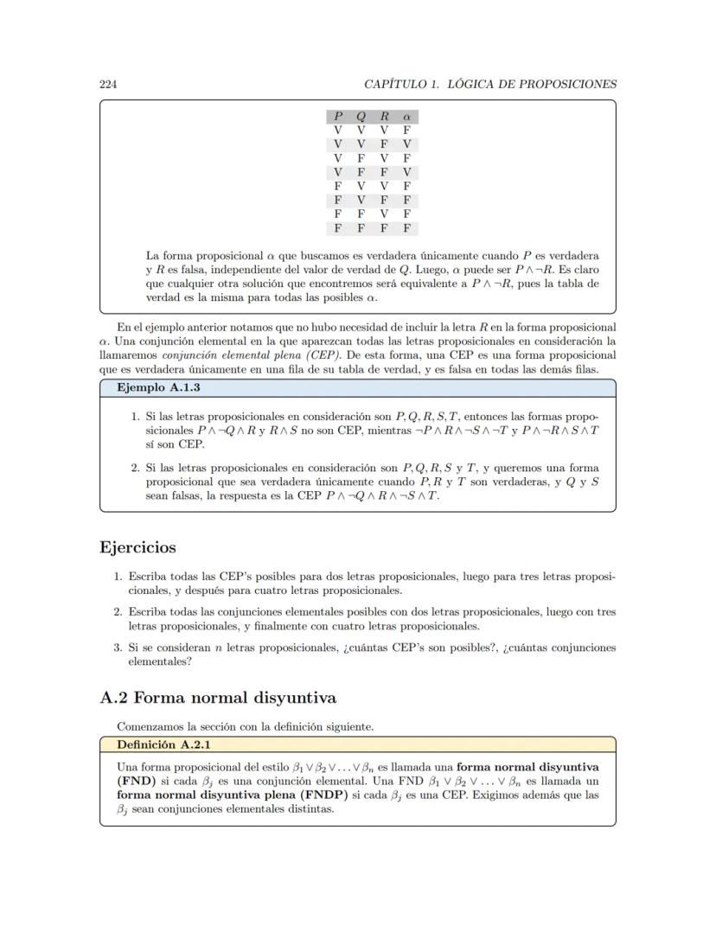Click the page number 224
[108, 84]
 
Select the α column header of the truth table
[406, 117]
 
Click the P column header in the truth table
[338, 117]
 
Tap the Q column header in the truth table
[361, 117]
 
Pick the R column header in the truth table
[384, 117]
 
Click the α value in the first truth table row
[406, 130]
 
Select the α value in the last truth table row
[406, 229]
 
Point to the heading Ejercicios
[138, 547]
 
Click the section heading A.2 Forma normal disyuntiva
[218, 697]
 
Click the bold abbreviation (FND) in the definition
[134, 780]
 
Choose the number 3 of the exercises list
[118, 647]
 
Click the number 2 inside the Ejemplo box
[136, 468]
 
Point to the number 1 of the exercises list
[118, 575]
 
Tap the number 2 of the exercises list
[118, 611]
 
